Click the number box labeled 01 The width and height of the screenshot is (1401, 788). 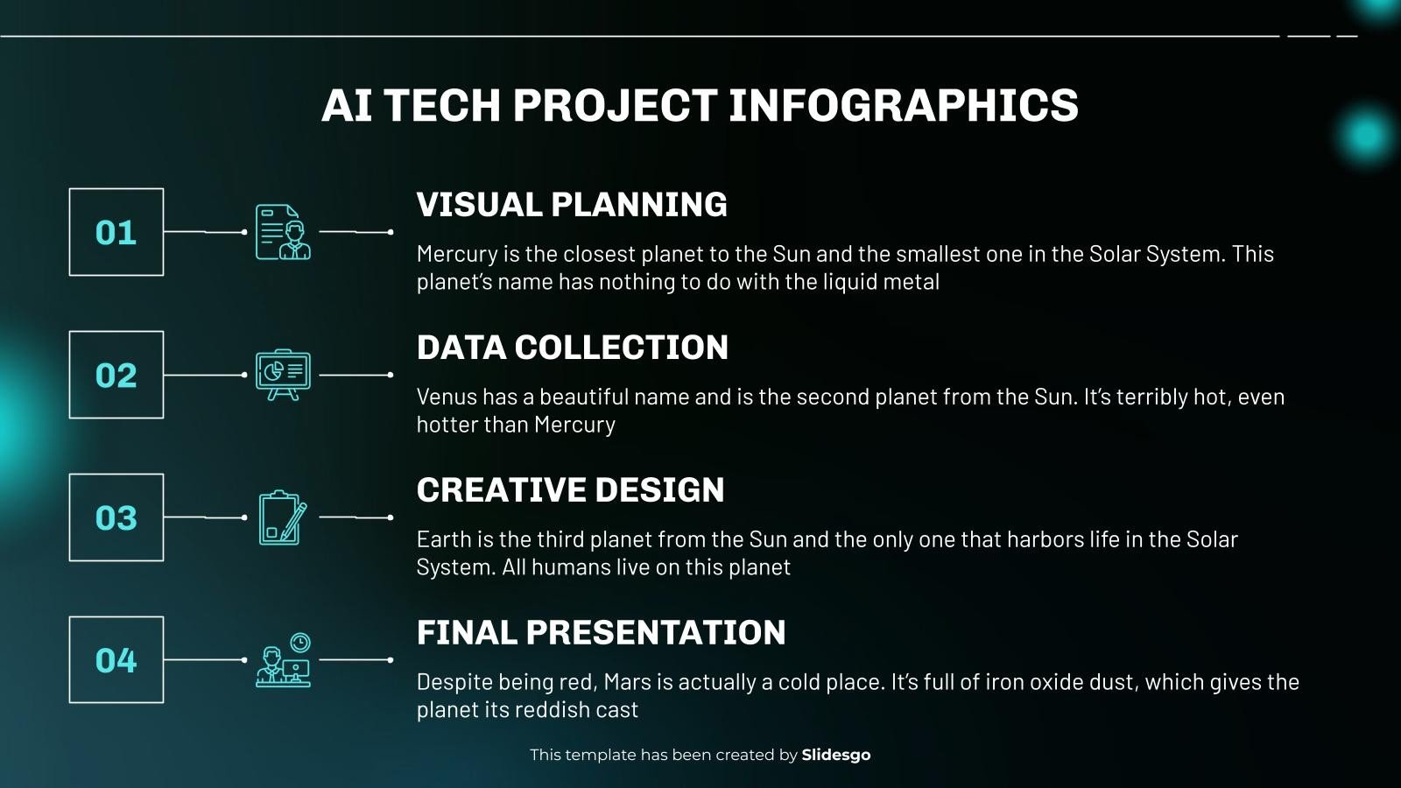click(116, 232)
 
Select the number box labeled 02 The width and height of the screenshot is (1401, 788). click(116, 375)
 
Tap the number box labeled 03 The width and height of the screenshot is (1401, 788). click(116, 517)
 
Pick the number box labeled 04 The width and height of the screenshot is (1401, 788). click(116, 659)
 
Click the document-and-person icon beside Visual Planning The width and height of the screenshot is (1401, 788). click(283, 232)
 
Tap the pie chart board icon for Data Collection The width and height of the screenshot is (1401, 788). click(283, 375)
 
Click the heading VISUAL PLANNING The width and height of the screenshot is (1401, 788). click(572, 205)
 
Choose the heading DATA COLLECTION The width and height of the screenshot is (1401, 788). click(572, 348)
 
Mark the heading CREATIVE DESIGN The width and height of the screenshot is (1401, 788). click(570, 490)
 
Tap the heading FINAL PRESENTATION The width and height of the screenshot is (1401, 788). click(601, 633)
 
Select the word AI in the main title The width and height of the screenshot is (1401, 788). click(348, 105)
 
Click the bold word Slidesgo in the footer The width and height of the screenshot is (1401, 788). click(836, 755)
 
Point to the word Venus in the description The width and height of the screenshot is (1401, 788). click(443, 397)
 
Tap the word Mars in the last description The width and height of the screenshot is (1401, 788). click(627, 682)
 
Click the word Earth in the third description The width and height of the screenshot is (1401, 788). click(444, 539)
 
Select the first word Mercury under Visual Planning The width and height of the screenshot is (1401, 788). click(457, 254)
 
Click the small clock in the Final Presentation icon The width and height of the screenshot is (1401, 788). click(300, 643)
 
